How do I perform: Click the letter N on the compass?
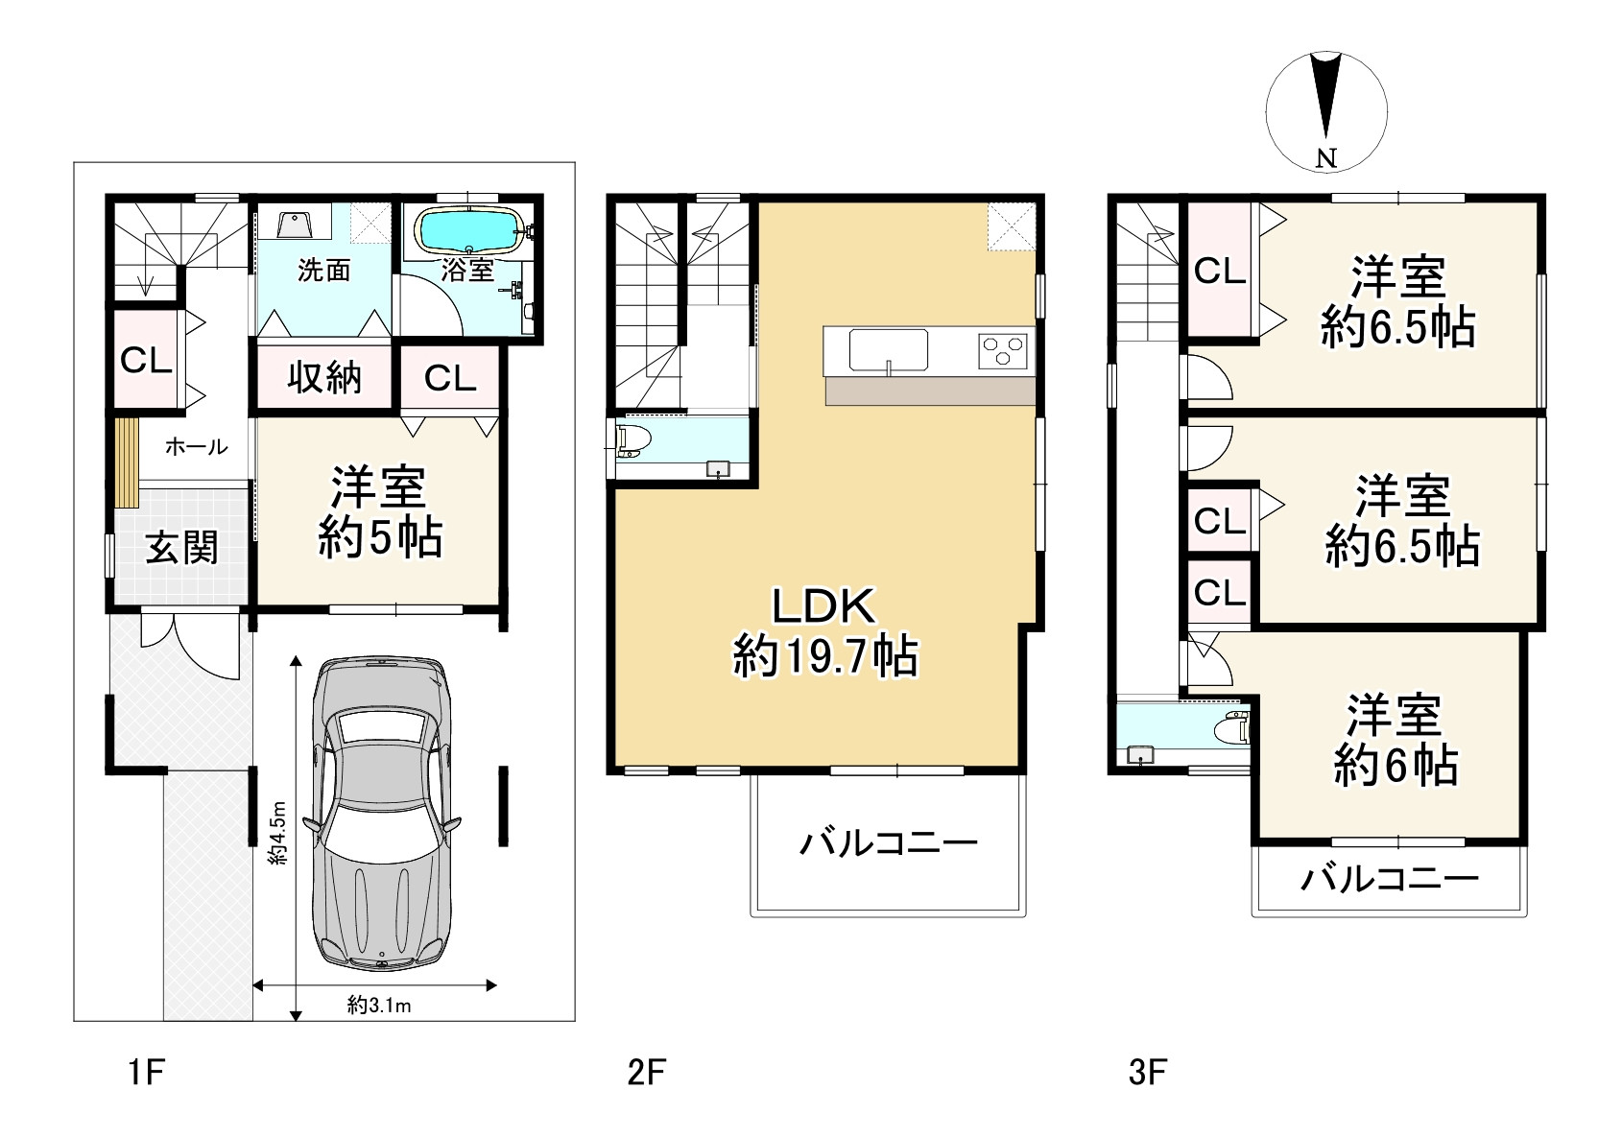pyautogui.click(x=1325, y=157)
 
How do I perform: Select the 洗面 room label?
pyautogui.click(x=323, y=271)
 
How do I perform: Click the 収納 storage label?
pyautogui.click(x=323, y=377)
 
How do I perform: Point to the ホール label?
pyautogui.click(x=196, y=446)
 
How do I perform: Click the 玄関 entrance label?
pyautogui.click(x=181, y=547)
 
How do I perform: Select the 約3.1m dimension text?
pyautogui.click(x=379, y=1006)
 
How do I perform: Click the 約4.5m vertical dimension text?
pyautogui.click(x=277, y=832)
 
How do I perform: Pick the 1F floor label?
pyautogui.click(x=147, y=1072)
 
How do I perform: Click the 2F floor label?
pyautogui.click(x=646, y=1072)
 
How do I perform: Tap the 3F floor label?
pyautogui.click(x=1148, y=1072)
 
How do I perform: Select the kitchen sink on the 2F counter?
pyautogui.click(x=889, y=350)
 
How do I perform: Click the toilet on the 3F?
pyautogui.click(x=1231, y=727)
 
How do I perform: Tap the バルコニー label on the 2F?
pyautogui.click(x=889, y=843)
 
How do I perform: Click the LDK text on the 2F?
pyautogui.click(x=824, y=606)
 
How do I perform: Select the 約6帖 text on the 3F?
pyautogui.click(x=1395, y=767)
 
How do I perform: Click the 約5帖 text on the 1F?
pyautogui.click(x=380, y=537)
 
